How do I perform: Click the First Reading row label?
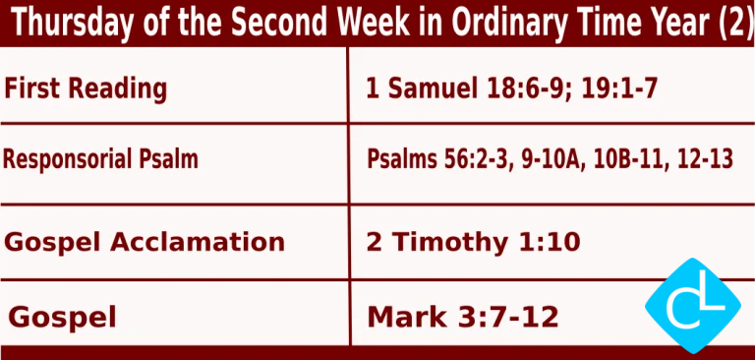(x=86, y=90)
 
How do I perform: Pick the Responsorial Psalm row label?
(x=100, y=158)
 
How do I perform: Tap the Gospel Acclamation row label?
(x=145, y=242)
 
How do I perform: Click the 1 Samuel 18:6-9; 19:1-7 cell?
(x=510, y=90)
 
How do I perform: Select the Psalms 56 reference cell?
(x=550, y=158)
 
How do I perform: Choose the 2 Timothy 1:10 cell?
(x=473, y=242)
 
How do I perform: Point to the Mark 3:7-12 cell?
(x=463, y=317)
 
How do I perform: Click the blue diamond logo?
(x=692, y=306)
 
